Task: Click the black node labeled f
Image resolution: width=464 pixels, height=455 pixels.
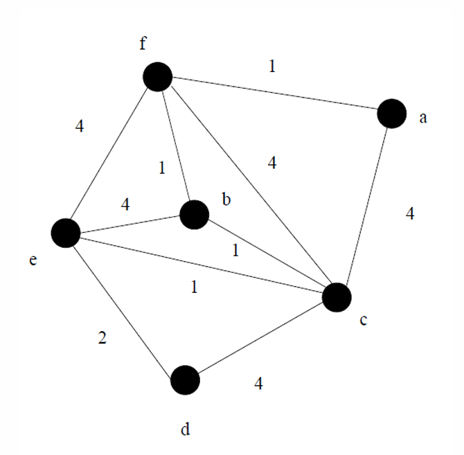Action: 158,76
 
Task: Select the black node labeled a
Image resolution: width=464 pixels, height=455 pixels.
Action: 391,113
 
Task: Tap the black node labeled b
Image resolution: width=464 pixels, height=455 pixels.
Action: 194,215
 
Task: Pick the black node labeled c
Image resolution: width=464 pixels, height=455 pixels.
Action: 337,297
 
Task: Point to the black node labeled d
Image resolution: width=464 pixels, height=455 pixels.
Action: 185,380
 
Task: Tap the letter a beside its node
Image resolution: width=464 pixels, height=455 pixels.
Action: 422,118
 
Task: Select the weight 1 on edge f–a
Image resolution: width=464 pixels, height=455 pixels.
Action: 272,67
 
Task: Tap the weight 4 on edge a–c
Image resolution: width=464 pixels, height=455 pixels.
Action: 409,214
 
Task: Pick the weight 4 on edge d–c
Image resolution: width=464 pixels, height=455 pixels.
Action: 258,383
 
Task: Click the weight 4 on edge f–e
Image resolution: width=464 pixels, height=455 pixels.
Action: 80,126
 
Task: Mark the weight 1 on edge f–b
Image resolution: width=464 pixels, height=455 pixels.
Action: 161,167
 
